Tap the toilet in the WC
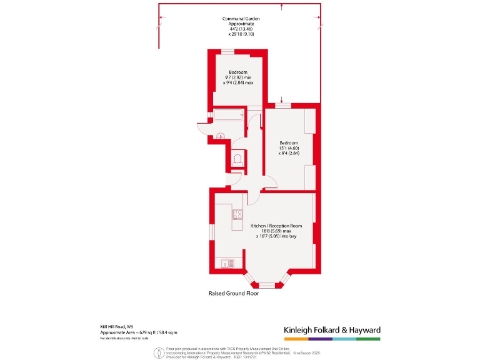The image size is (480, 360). tap(237, 160)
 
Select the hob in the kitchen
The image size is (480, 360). tap(237, 215)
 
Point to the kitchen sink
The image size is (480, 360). tap(226, 264)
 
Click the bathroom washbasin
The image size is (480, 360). tap(219, 135)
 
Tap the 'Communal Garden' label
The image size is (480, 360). tap(241, 19)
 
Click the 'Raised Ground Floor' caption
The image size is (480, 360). tap(233, 292)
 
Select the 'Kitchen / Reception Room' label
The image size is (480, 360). tap(276, 226)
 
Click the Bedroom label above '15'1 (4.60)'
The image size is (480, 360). tap(287, 142)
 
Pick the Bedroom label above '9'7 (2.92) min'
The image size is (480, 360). tap(237, 72)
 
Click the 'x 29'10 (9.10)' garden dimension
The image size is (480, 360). tap(241, 34)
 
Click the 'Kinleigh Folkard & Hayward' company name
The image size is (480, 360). tap(332, 330)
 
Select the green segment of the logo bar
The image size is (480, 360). tap(368, 339)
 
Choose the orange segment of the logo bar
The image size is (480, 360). tap(296, 339)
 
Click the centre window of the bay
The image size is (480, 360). tap(267, 285)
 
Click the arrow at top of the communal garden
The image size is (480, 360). tap(282, 7)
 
